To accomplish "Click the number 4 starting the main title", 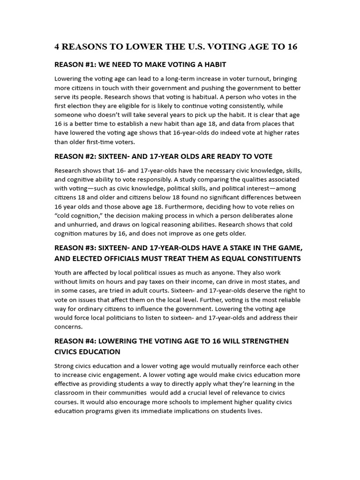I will tap(57, 47).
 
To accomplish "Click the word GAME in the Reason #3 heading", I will tap(284, 247).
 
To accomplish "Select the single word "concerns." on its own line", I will tap(68, 327).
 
